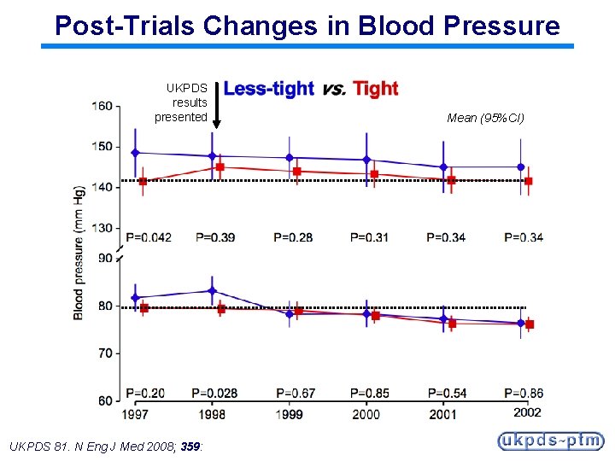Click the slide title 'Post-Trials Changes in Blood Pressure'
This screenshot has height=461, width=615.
(307, 25)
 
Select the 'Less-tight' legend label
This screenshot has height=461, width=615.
(268, 89)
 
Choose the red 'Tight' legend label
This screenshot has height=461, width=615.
(376, 89)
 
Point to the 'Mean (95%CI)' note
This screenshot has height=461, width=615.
(485, 118)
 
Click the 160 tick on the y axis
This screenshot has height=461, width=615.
(102, 106)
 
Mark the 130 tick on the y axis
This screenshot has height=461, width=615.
(102, 228)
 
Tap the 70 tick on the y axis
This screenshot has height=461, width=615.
(105, 353)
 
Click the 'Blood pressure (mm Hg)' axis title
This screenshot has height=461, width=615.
(79, 252)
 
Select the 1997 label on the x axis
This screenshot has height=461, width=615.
(135, 414)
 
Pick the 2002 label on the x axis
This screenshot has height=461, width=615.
(527, 413)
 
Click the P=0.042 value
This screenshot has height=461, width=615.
(149, 236)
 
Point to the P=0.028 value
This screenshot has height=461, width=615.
(214, 394)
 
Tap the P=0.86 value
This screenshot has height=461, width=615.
(524, 394)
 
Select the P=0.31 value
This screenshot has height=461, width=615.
(369, 236)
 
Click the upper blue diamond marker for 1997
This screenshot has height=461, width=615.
(135, 153)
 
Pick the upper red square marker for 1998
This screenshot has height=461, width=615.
(220, 167)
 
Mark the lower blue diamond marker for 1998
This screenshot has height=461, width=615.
(212, 291)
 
